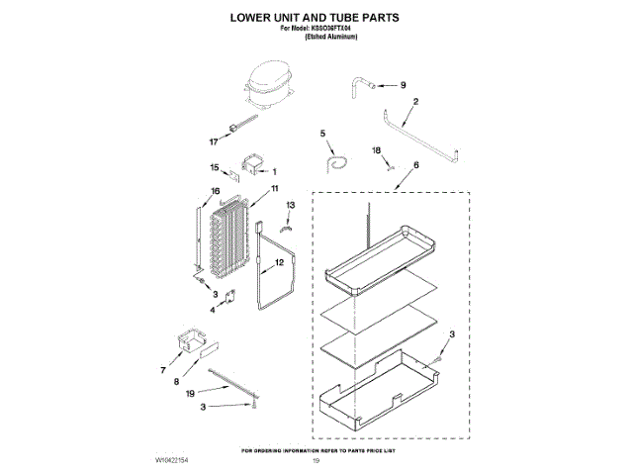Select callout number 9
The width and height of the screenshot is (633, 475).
403,85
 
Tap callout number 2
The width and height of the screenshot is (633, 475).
415,102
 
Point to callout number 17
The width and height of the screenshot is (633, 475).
213,141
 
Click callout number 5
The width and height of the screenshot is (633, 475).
322,133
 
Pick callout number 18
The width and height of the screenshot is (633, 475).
376,150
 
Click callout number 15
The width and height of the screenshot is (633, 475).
214,167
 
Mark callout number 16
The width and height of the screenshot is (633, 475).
214,191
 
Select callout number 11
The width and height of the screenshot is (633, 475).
274,188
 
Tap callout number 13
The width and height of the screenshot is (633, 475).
290,206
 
